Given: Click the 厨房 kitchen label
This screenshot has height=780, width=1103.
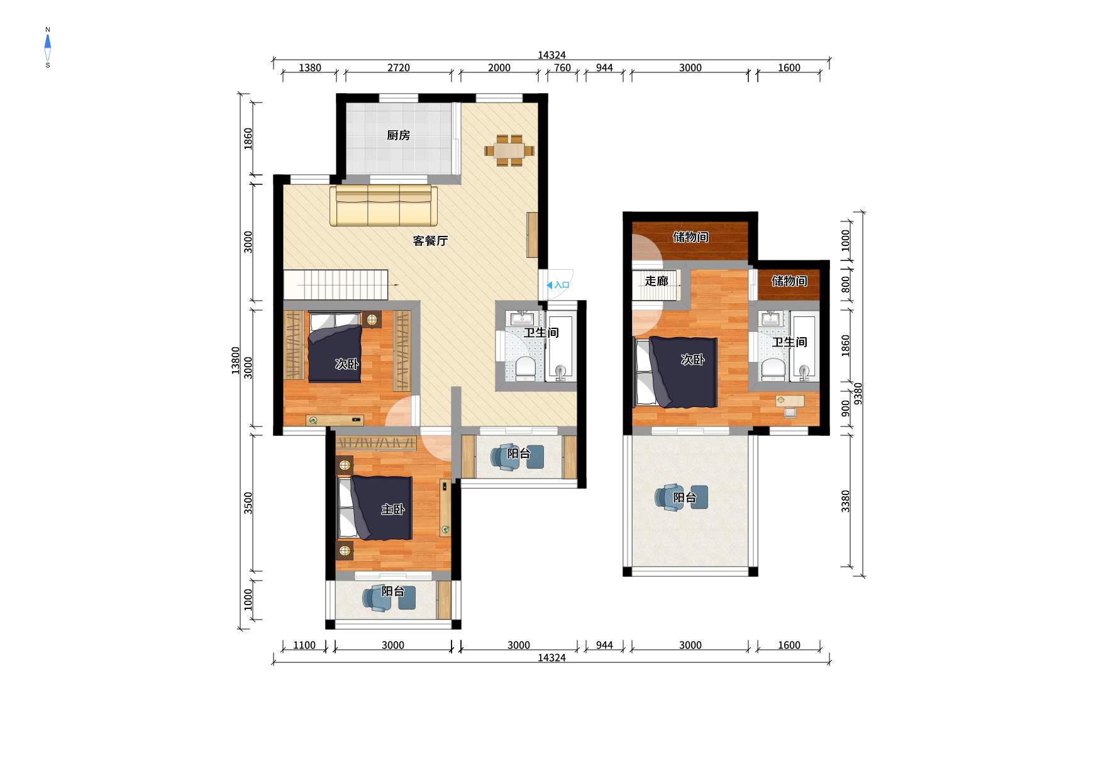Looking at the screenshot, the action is [x=398, y=135].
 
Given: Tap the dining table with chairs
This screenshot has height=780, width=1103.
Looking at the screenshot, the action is [x=509, y=150].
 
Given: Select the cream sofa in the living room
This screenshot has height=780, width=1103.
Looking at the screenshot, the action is [x=384, y=205].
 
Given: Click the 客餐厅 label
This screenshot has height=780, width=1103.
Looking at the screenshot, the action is [x=430, y=241].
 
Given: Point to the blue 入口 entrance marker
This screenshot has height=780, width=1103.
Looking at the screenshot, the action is [x=558, y=285].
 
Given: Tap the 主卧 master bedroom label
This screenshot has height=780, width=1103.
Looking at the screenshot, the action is [x=392, y=510].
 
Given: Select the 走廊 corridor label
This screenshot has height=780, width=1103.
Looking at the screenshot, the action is [x=656, y=281].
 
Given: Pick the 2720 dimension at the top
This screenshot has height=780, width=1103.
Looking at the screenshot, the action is [x=399, y=68].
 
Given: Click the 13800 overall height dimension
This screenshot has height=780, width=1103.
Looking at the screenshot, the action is [x=236, y=361].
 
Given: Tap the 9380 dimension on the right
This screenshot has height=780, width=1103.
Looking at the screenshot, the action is [x=858, y=394].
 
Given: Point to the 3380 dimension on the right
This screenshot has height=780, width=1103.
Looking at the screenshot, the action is [x=846, y=501].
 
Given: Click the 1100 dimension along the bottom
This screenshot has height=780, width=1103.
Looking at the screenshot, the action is [x=304, y=645].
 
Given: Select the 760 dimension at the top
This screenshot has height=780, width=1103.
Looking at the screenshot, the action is [x=562, y=68].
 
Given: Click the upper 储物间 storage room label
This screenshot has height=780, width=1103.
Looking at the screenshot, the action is [x=690, y=237].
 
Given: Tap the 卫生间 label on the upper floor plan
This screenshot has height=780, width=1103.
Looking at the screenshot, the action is [x=790, y=342].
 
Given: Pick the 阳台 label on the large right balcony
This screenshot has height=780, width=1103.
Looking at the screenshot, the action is [x=685, y=498].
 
